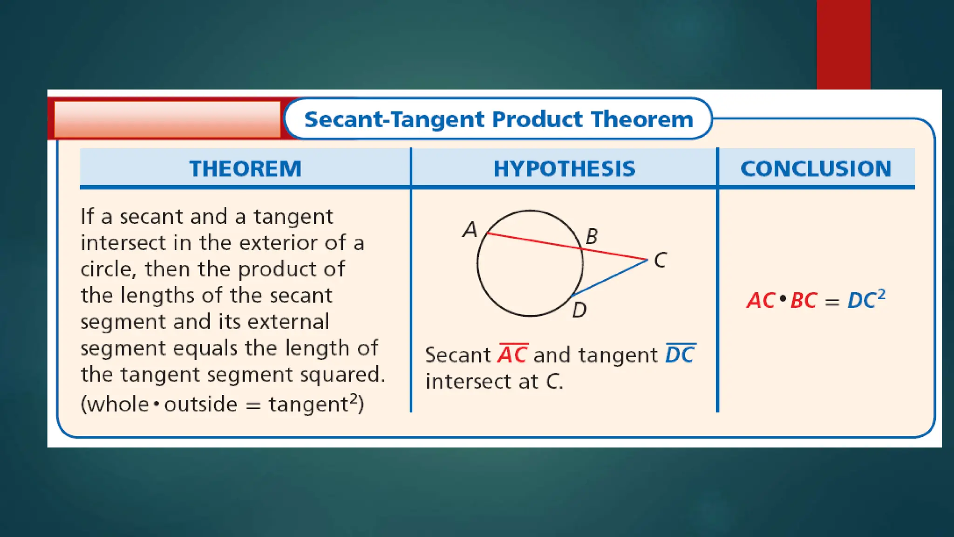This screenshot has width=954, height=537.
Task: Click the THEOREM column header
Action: (x=245, y=168)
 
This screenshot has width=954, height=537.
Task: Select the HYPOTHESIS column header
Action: (x=564, y=168)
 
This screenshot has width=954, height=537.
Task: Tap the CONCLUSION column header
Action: (x=816, y=168)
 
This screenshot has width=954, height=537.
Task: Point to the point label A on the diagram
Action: (x=470, y=230)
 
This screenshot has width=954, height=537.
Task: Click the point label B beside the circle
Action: (x=591, y=236)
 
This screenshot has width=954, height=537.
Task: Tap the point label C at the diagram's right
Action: (x=660, y=260)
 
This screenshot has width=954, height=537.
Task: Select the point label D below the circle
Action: (x=579, y=310)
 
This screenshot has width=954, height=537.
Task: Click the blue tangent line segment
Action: (x=610, y=278)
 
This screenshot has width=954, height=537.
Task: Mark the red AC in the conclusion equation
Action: (x=761, y=301)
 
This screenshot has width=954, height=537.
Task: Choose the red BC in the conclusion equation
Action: (x=804, y=301)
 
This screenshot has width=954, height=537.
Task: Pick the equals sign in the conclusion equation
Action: (x=832, y=302)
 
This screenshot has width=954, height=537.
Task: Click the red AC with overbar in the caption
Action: (x=512, y=355)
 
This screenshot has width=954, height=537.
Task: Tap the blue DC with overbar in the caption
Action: (x=680, y=355)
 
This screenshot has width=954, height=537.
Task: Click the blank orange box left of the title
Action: (x=167, y=119)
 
